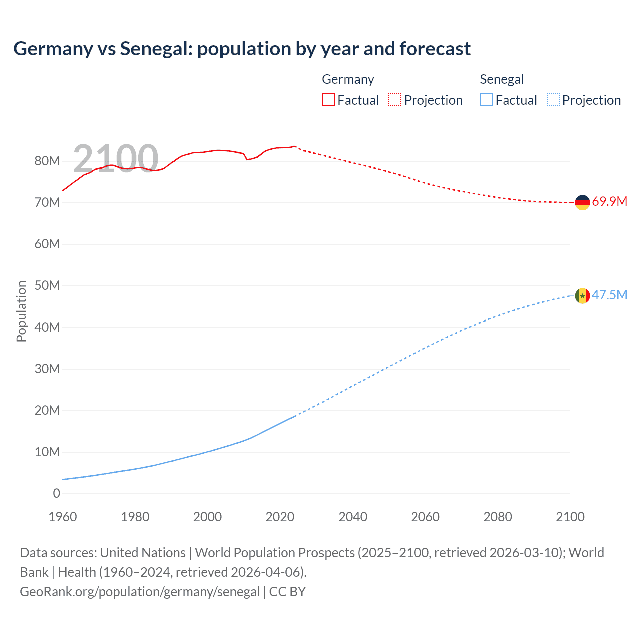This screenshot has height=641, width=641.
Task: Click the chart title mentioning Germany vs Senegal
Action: (x=242, y=49)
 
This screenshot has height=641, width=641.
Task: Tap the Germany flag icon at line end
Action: (x=582, y=202)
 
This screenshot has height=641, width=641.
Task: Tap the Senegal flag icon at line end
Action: (x=582, y=296)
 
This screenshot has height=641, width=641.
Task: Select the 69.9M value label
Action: (x=609, y=202)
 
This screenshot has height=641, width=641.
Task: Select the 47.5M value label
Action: (x=609, y=295)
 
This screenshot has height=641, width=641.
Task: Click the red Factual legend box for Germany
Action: (x=328, y=100)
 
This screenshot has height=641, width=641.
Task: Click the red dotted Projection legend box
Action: (x=395, y=100)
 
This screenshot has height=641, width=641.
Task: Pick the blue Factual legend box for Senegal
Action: (x=486, y=100)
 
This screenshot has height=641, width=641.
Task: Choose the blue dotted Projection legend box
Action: (x=553, y=100)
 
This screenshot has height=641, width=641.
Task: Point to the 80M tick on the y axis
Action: (x=47, y=161)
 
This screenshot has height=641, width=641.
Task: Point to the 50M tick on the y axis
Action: (x=47, y=286)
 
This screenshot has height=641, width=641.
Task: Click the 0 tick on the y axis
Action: (x=56, y=494)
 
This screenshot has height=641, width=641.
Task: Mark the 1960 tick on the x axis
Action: (x=63, y=517)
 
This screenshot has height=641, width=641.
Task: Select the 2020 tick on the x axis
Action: (x=280, y=517)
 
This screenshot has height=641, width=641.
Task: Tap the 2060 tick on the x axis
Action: (x=425, y=517)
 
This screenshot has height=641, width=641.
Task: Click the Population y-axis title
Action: (x=21, y=311)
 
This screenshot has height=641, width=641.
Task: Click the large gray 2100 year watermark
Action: (x=116, y=158)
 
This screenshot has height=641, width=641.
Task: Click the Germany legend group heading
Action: (x=348, y=79)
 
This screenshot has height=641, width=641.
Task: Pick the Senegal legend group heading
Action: (x=502, y=79)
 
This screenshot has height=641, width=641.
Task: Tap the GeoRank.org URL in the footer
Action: (x=140, y=592)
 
